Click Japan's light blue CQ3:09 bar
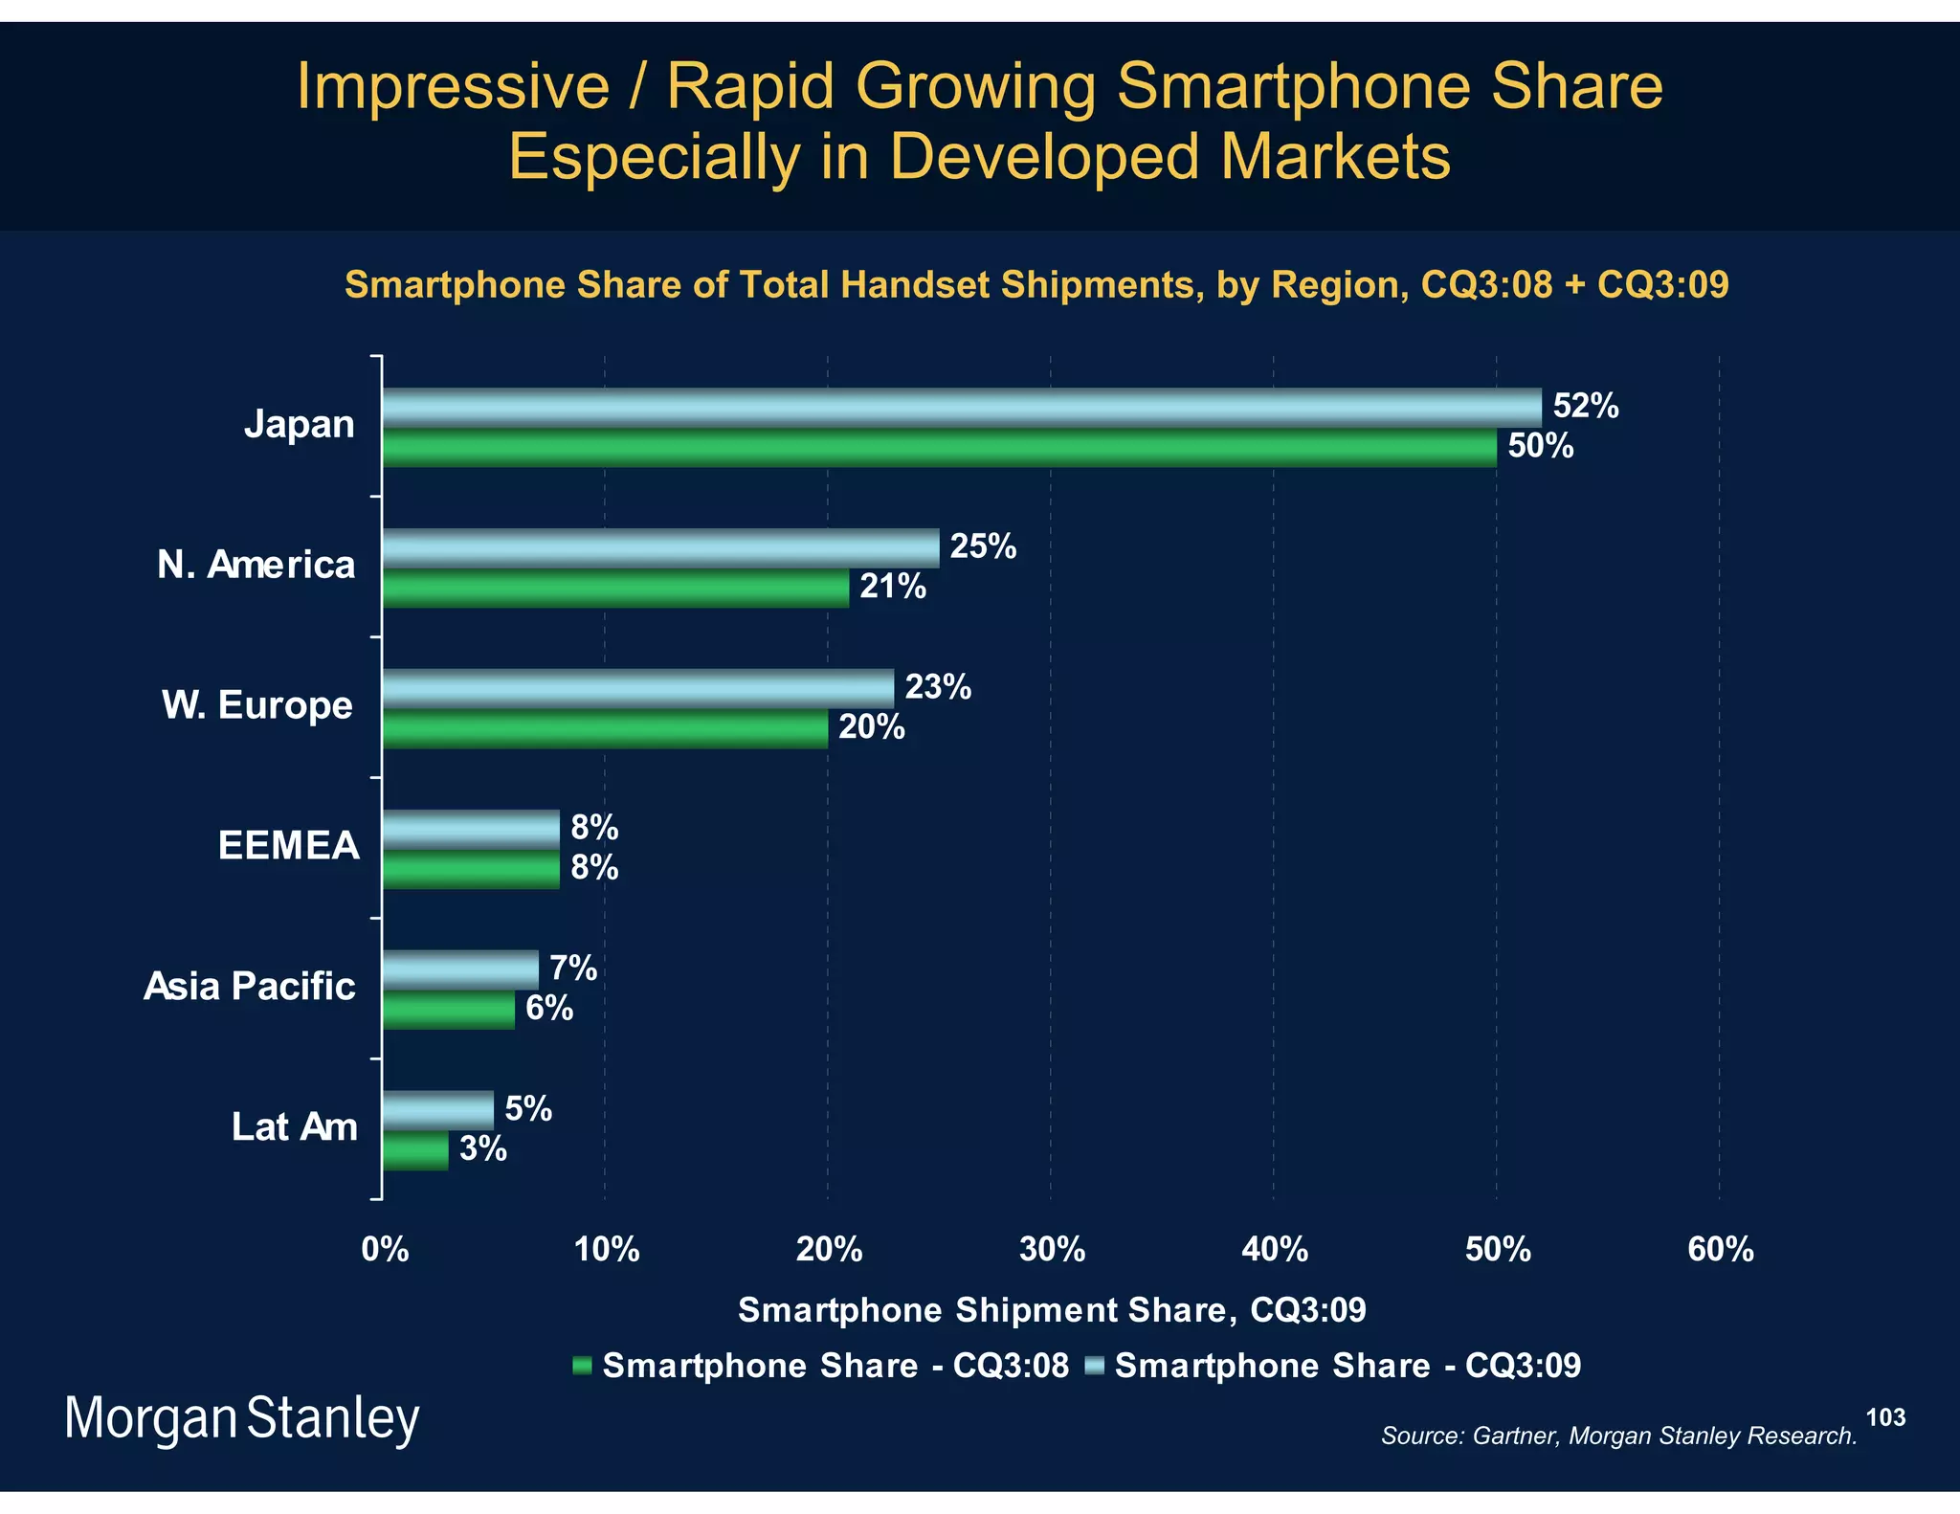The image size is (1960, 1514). [962, 408]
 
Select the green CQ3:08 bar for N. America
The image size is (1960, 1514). [615, 589]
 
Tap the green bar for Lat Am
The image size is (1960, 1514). [415, 1151]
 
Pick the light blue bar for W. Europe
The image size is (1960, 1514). [638, 688]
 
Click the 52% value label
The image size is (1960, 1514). [1585, 407]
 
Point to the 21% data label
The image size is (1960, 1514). [892, 587]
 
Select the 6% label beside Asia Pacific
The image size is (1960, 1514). [549, 1009]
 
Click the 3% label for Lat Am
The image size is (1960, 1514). [482, 1148]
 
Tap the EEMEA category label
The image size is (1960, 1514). [288, 846]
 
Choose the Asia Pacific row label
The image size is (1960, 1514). [250, 987]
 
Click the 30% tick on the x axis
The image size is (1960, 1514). [1052, 1250]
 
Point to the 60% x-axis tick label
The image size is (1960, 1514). [1720, 1250]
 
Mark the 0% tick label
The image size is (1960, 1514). [385, 1250]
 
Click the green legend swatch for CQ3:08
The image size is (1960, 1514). [582, 1367]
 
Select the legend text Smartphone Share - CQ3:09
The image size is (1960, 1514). [1347, 1366]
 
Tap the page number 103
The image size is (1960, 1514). [1885, 1417]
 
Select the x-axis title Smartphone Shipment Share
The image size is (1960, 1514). [1051, 1310]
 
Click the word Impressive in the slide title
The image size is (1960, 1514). [453, 87]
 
